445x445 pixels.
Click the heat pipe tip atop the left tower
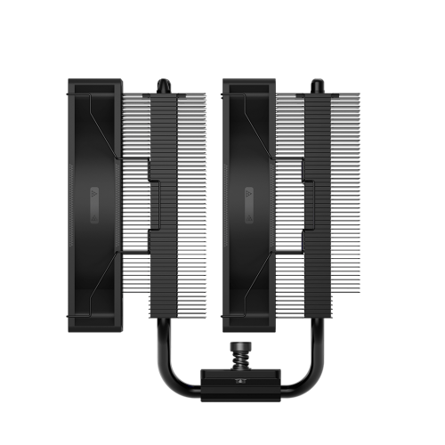[164, 85]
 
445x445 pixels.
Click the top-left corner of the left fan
[72, 83]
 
